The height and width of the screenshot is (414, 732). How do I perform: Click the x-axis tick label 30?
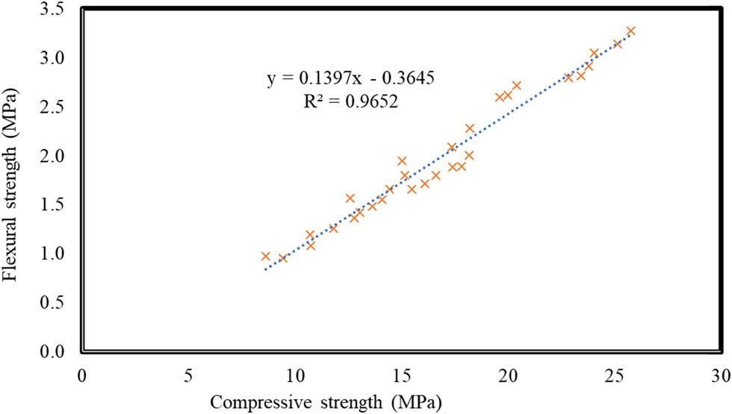[x=721, y=372]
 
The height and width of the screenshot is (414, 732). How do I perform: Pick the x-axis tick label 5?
[x=188, y=372]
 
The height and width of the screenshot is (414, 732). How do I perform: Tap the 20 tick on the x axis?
[x=508, y=372]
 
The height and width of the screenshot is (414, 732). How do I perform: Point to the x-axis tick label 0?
[x=81, y=372]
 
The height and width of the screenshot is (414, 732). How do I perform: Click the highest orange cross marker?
[x=630, y=31]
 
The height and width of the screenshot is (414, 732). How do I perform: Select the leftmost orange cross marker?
[x=265, y=256]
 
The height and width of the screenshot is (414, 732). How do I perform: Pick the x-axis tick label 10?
[x=295, y=372]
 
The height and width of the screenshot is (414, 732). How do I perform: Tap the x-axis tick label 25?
[x=615, y=372]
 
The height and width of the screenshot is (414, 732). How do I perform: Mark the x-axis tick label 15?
[x=402, y=372]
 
